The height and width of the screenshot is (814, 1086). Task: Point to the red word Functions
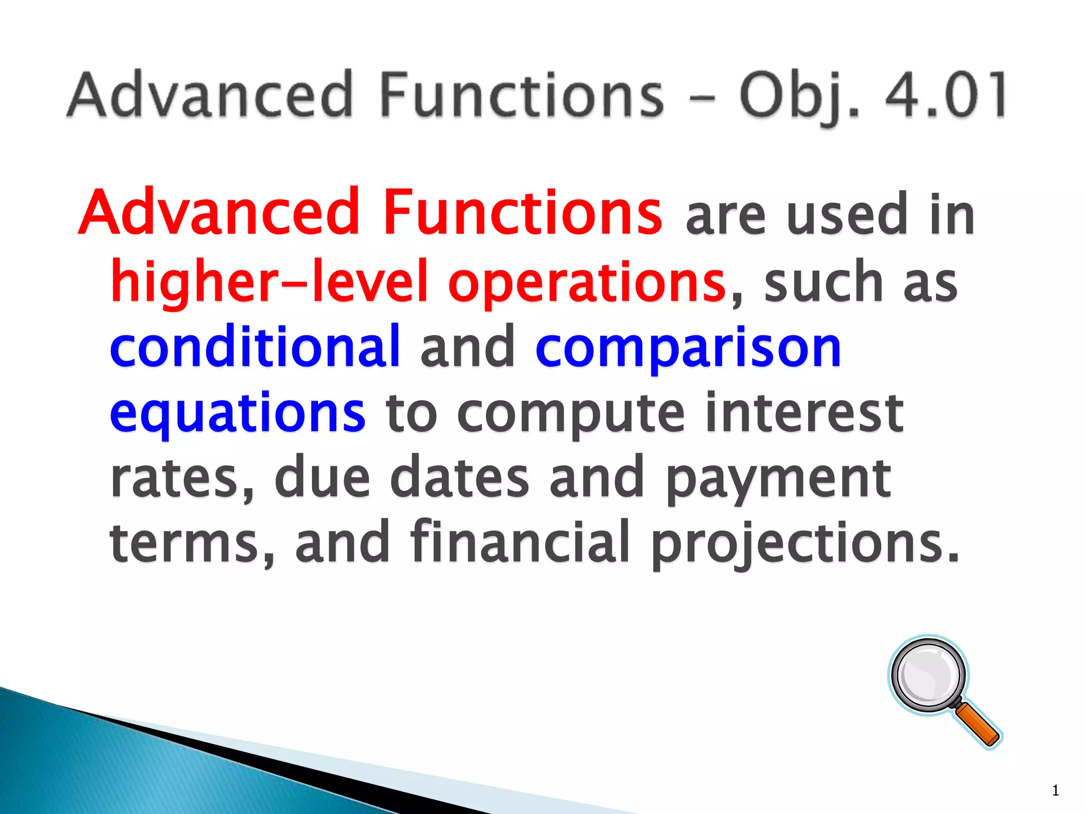(x=522, y=212)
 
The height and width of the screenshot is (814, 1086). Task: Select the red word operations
(x=586, y=284)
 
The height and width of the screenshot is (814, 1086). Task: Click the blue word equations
(x=237, y=414)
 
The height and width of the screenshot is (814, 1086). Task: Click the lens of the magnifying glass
(x=928, y=675)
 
